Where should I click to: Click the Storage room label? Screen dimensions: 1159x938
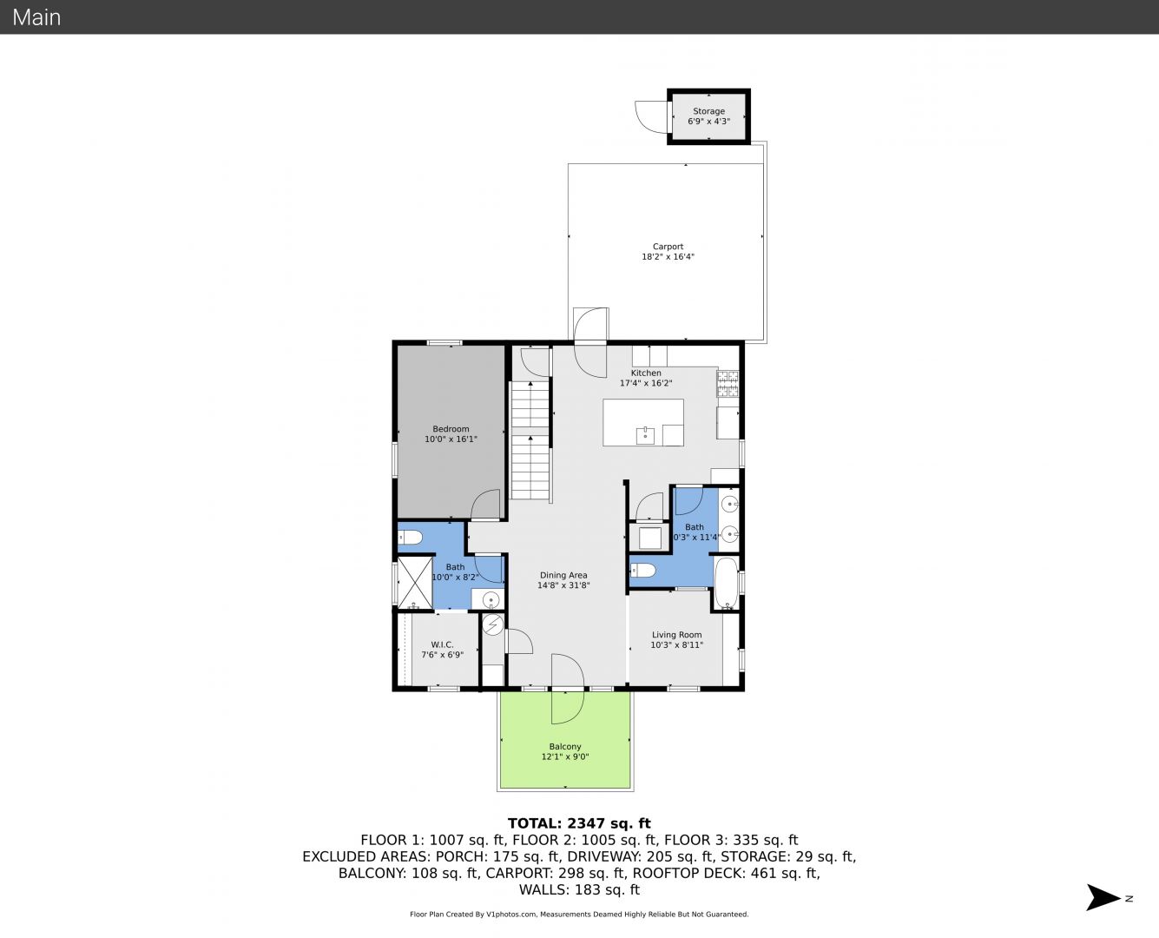[x=708, y=111]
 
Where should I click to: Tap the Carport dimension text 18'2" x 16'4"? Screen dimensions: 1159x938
[x=668, y=256]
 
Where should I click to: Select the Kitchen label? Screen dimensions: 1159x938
[x=646, y=373]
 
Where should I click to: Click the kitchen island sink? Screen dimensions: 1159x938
[x=645, y=436]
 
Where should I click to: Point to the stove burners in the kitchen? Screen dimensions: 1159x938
[x=728, y=383]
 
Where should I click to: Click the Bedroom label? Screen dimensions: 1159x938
[x=451, y=429]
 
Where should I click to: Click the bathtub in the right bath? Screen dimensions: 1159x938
[x=726, y=583]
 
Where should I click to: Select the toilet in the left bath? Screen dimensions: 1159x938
[x=410, y=538]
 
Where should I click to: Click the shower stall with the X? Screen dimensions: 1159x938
[x=415, y=583]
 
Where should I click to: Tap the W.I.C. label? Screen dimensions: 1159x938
[x=442, y=644]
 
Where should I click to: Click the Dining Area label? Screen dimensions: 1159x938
[x=563, y=575]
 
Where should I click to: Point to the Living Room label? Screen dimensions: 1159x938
[x=676, y=635]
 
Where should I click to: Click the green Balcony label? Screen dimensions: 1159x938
[x=565, y=746]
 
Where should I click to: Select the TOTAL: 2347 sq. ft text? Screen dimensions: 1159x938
[x=579, y=823]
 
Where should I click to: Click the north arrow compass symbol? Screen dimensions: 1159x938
[x=1103, y=897]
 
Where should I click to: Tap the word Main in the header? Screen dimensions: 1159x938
[x=36, y=17]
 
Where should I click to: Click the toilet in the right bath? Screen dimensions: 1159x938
[x=642, y=570]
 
